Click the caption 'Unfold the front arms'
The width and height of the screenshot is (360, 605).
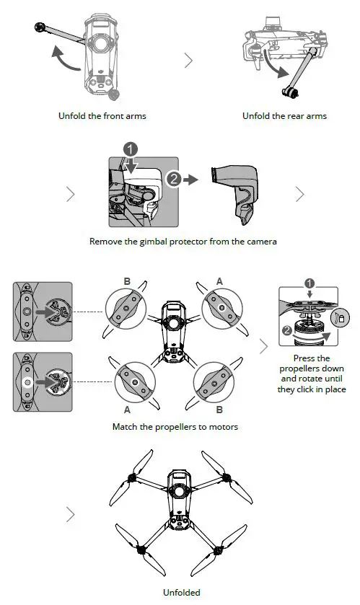[x=102, y=115]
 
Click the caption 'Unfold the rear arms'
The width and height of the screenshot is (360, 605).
[x=284, y=115]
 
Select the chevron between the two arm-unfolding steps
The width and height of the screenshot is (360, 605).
[x=188, y=61]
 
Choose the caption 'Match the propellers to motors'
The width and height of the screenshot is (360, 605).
[x=175, y=426]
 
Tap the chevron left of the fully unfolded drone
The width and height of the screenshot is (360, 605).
[x=70, y=515]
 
